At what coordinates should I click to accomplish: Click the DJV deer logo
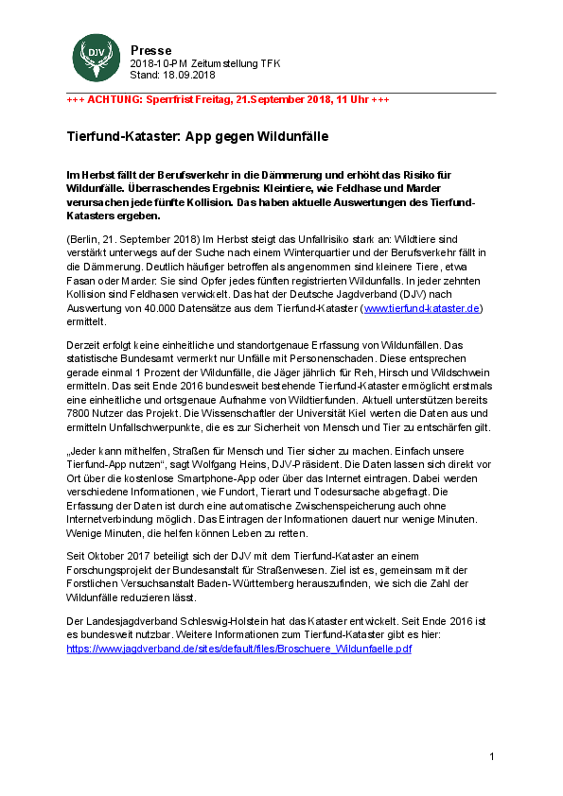(93, 59)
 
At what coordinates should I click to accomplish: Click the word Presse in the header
(151, 50)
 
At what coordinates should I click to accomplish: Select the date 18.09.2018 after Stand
(189, 75)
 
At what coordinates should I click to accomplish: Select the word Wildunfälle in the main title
(290, 136)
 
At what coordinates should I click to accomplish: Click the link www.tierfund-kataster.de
(423, 308)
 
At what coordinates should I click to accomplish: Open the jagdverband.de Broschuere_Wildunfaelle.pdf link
(239, 649)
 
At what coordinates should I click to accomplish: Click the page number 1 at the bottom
(493, 756)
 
